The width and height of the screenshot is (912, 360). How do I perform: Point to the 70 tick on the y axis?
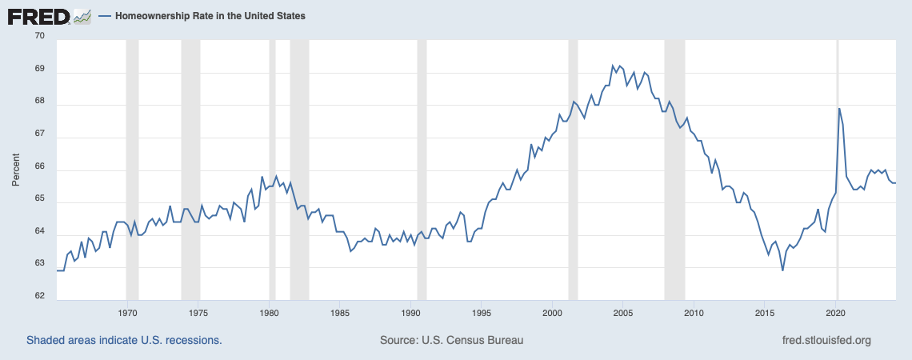39,37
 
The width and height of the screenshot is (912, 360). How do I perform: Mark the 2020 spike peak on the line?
839,109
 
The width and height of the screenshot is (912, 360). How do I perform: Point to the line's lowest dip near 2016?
782,270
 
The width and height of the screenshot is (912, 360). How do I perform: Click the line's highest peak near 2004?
613,66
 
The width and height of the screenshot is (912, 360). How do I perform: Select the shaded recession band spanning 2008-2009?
674,168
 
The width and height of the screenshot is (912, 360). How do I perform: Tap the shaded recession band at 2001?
573,168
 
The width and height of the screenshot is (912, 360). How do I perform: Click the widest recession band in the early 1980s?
299,168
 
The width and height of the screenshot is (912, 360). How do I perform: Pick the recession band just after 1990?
422,168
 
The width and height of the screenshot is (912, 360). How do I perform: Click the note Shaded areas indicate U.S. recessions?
124,340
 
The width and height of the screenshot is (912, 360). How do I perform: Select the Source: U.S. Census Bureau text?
451,340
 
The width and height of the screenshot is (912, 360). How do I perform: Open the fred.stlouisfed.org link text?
826,340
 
